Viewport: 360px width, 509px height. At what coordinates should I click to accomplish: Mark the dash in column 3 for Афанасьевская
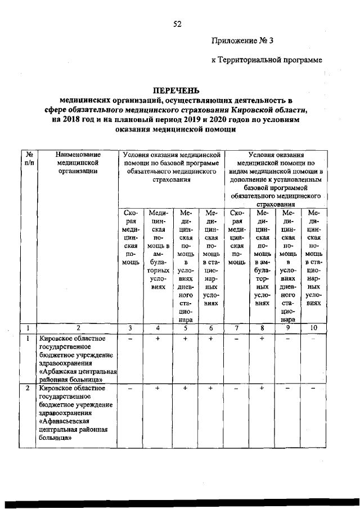pos(130,389)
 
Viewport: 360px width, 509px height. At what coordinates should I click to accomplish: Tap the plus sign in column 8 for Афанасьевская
pos(262,389)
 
